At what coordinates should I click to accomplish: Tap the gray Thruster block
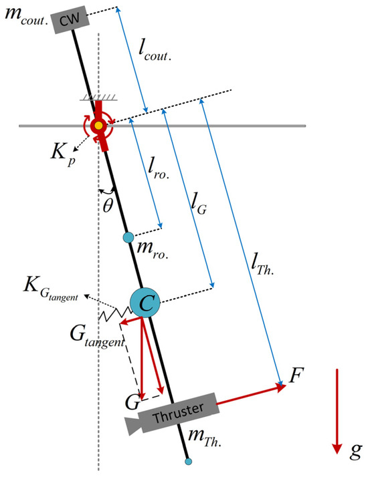click(x=177, y=415)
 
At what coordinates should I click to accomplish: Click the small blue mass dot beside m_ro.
click(x=128, y=237)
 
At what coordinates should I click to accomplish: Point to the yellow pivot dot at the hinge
click(x=99, y=125)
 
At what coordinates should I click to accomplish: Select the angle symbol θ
click(x=109, y=205)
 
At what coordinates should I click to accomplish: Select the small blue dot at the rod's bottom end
click(x=189, y=461)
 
